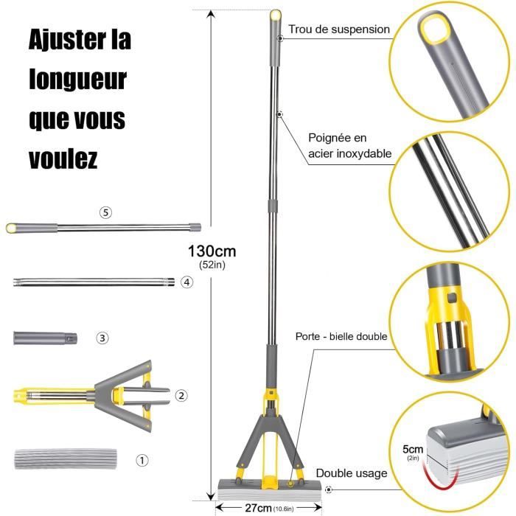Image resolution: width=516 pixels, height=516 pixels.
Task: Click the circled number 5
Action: [106, 212]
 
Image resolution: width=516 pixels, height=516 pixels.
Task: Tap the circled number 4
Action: [186, 282]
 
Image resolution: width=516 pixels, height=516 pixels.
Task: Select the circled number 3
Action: [102, 338]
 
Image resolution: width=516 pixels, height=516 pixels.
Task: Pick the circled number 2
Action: [181, 396]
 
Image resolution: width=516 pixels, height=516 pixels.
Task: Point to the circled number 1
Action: [142, 459]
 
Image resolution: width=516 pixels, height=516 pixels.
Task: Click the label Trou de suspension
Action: [339, 29]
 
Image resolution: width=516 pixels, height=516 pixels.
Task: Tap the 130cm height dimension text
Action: [212, 251]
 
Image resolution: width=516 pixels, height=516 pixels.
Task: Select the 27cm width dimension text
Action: [261, 507]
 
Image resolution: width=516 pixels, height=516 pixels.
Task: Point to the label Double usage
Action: [352, 473]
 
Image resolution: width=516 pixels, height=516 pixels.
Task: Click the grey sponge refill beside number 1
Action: [66, 459]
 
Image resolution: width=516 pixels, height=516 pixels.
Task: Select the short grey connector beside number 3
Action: [44, 338]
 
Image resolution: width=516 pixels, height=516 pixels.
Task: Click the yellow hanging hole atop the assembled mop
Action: [276, 15]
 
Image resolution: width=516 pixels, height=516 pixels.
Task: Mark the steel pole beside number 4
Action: [92, 282]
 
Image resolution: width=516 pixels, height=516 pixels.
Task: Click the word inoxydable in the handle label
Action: [361, 154]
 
